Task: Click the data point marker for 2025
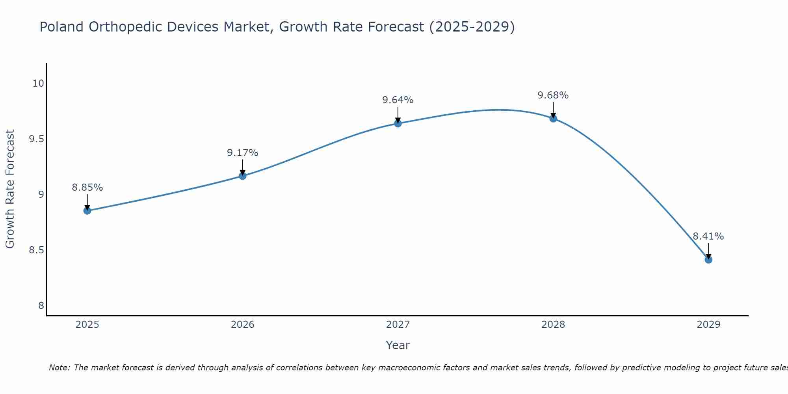(x=87, y=211)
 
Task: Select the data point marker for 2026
(x=243, y=176)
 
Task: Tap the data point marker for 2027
(x=398, y=123)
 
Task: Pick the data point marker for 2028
(x=553, y=119)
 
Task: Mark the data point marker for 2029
(x=708, y=260)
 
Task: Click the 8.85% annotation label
(x=87, y=188)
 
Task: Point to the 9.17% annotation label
(x=243, y=153)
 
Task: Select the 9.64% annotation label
(x=398, y=100)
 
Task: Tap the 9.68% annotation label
(x=553, y=95)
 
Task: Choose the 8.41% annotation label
(x=708, y=236)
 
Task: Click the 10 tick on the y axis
(x=38, y=84)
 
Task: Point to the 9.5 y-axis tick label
(x=36, y=139)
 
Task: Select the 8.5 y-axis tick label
(x=36, y=250)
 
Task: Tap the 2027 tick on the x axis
(x=398, y=325)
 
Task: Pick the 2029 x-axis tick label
(x=708, y=325)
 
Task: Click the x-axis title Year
(x=398, y=345)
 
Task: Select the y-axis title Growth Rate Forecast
(x=10, y=189)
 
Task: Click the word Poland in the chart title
(x=62, y=27)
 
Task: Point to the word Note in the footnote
(x=59, y=368)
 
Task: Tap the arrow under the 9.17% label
(x=243, y=167)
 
